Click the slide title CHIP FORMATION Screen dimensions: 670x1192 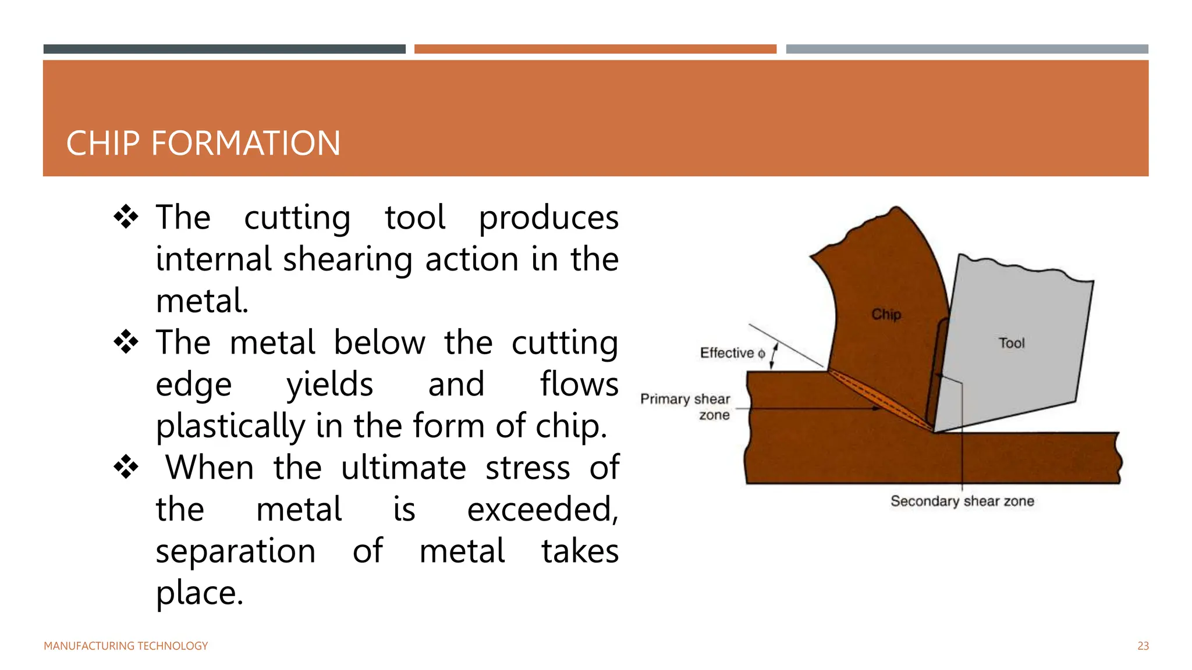pos(203,144)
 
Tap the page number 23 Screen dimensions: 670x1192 pos(1143,646)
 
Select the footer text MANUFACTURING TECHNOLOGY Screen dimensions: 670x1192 pos(126,646)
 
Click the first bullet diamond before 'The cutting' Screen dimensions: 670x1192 pos(126,218)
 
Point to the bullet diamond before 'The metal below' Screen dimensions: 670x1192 pos(126,342)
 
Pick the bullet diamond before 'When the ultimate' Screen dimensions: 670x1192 pos(126,467)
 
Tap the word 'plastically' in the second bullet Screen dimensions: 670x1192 pos(230,426)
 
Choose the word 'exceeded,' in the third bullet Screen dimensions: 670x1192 pos(542,509)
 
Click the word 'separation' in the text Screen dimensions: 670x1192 pos(236,551)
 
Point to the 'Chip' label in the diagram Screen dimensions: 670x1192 pos(886,315)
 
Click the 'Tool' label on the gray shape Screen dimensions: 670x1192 pos(1012,343)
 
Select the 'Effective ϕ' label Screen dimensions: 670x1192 pos(732,353)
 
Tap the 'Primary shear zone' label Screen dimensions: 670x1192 pos(686,407)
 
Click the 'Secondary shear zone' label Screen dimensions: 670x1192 pos(962,501)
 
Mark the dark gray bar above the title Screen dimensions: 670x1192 pos(224,49)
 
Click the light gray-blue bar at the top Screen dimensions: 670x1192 pos(967,49)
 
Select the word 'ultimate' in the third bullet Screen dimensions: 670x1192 pos(403,468)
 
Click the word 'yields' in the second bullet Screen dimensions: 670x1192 pos(329,385)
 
